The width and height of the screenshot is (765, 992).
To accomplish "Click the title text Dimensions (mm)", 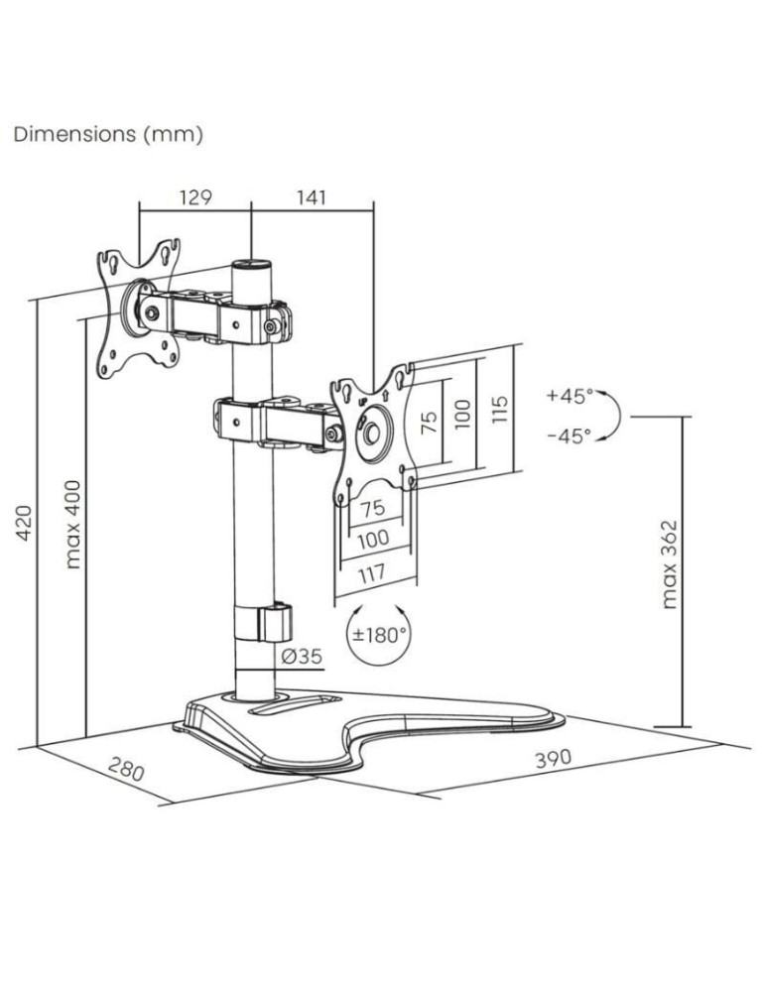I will pyautogui.click(x=108, y=135).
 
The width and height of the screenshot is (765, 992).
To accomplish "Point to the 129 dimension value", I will pyautogui.click(x=195, y=197).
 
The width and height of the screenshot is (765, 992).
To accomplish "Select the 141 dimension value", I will pyautogui.click(x=311, y=197).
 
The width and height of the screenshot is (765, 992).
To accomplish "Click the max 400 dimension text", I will pyautogui.click(x=72, y=524).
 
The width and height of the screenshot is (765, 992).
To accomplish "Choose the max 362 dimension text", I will pyautogui.click(x=670, y=563).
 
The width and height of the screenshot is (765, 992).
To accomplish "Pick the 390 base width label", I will pyautogui.click(x=553, y=759).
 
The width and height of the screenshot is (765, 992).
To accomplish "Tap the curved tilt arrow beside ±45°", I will pyautogui.click(x=613, y=415).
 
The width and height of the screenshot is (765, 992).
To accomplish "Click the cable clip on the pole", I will pyautogui.click(x=273, y=623).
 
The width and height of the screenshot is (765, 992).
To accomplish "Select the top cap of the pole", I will pyautogui.click(x=251, y=266).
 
